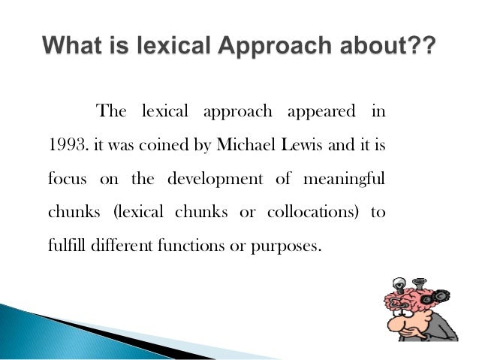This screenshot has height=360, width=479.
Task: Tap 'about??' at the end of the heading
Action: click(x=394, y=44)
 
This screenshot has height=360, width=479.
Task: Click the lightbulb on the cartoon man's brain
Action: click(x=399, y=285)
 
